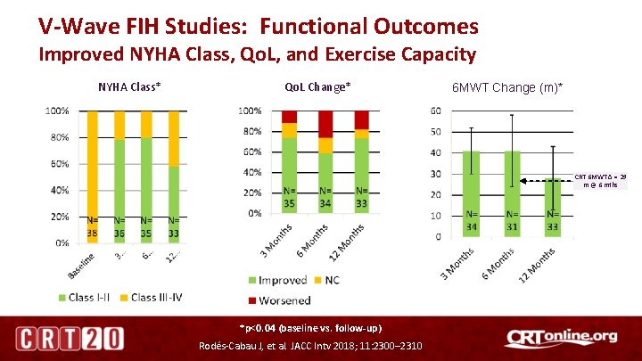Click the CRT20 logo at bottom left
tap(69, 339)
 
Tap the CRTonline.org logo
tap(561, 338)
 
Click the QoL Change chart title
tap(317, 86)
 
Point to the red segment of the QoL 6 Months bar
tap(325, 124)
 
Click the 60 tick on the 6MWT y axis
tap(436, 111)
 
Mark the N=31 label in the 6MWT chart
tap(512, 220)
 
